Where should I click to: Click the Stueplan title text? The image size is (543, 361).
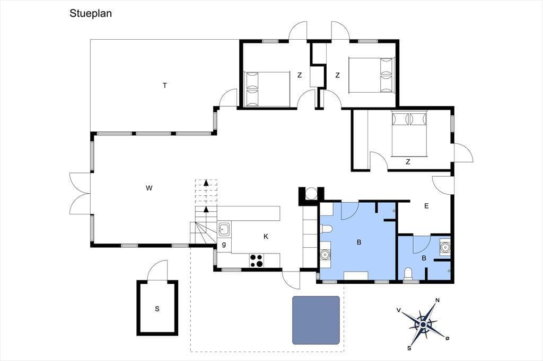click(90, 13)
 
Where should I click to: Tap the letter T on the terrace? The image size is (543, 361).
click(165, 85)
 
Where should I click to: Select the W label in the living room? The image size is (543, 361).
click(149, 188)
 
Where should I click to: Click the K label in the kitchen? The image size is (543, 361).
click(266, 237)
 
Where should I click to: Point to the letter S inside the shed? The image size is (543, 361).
click(157, 309)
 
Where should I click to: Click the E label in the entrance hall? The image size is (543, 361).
click(426, 206)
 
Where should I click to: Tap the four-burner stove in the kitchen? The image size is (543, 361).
click(257, 260)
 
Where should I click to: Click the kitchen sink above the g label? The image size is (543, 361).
click(224, 229)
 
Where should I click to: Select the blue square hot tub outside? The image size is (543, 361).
click(316, 320)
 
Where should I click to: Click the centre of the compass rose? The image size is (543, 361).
click(423, 324)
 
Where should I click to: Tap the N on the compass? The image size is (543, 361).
click(437, 300)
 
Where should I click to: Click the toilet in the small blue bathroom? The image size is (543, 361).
click(409, 274)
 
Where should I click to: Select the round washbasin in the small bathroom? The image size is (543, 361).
click(444, 247)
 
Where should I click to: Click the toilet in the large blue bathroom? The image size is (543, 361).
click(327, 229)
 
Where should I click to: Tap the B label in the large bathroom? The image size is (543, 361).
click(359, 242)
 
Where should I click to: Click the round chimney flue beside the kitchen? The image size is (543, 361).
click(311, 194)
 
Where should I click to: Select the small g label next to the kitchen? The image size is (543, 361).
click(224, 245)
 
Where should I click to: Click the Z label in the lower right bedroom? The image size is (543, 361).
click(408, 161)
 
